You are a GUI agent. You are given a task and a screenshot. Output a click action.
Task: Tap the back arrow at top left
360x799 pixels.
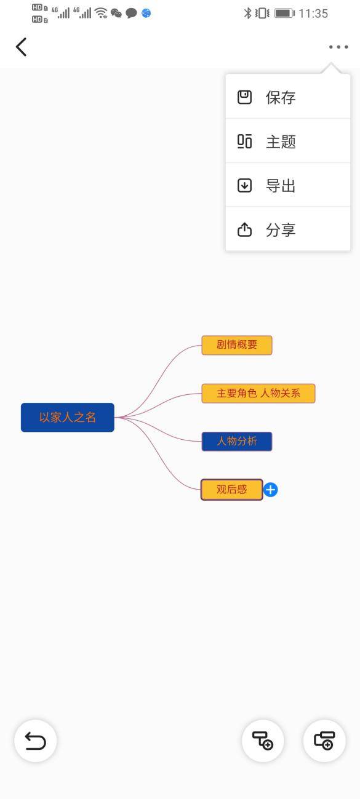[21, 47]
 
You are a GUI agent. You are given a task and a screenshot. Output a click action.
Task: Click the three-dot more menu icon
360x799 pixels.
[338, 47]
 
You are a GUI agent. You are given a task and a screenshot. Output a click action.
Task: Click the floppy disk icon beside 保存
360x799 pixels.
[244, 97]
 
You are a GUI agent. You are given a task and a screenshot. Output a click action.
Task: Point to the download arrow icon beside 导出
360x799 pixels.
[244, 186]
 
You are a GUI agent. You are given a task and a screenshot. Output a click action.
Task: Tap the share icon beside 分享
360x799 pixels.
[244, 229]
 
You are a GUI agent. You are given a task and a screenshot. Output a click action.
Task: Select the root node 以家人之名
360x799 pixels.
[68, 417]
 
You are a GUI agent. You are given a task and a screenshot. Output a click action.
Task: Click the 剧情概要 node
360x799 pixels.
[237, 345]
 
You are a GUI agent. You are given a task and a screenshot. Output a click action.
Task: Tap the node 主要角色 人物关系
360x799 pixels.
[258, 394]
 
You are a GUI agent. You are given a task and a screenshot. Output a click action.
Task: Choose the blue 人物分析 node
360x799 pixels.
[237, 441]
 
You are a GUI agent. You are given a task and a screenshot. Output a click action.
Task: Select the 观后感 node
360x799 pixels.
[231, 490]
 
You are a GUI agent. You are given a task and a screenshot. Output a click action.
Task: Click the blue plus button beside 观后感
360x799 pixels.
[270, 490]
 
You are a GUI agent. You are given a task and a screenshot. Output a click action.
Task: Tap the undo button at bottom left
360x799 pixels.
[35, 741]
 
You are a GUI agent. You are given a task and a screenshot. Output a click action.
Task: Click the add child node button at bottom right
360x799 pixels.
[324, 741]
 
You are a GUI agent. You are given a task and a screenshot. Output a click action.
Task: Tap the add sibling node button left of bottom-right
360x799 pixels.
[263, 741]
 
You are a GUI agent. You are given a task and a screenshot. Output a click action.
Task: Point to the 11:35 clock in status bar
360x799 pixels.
[313, 14]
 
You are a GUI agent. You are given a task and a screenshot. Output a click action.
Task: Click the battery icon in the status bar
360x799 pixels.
[284, 14]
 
